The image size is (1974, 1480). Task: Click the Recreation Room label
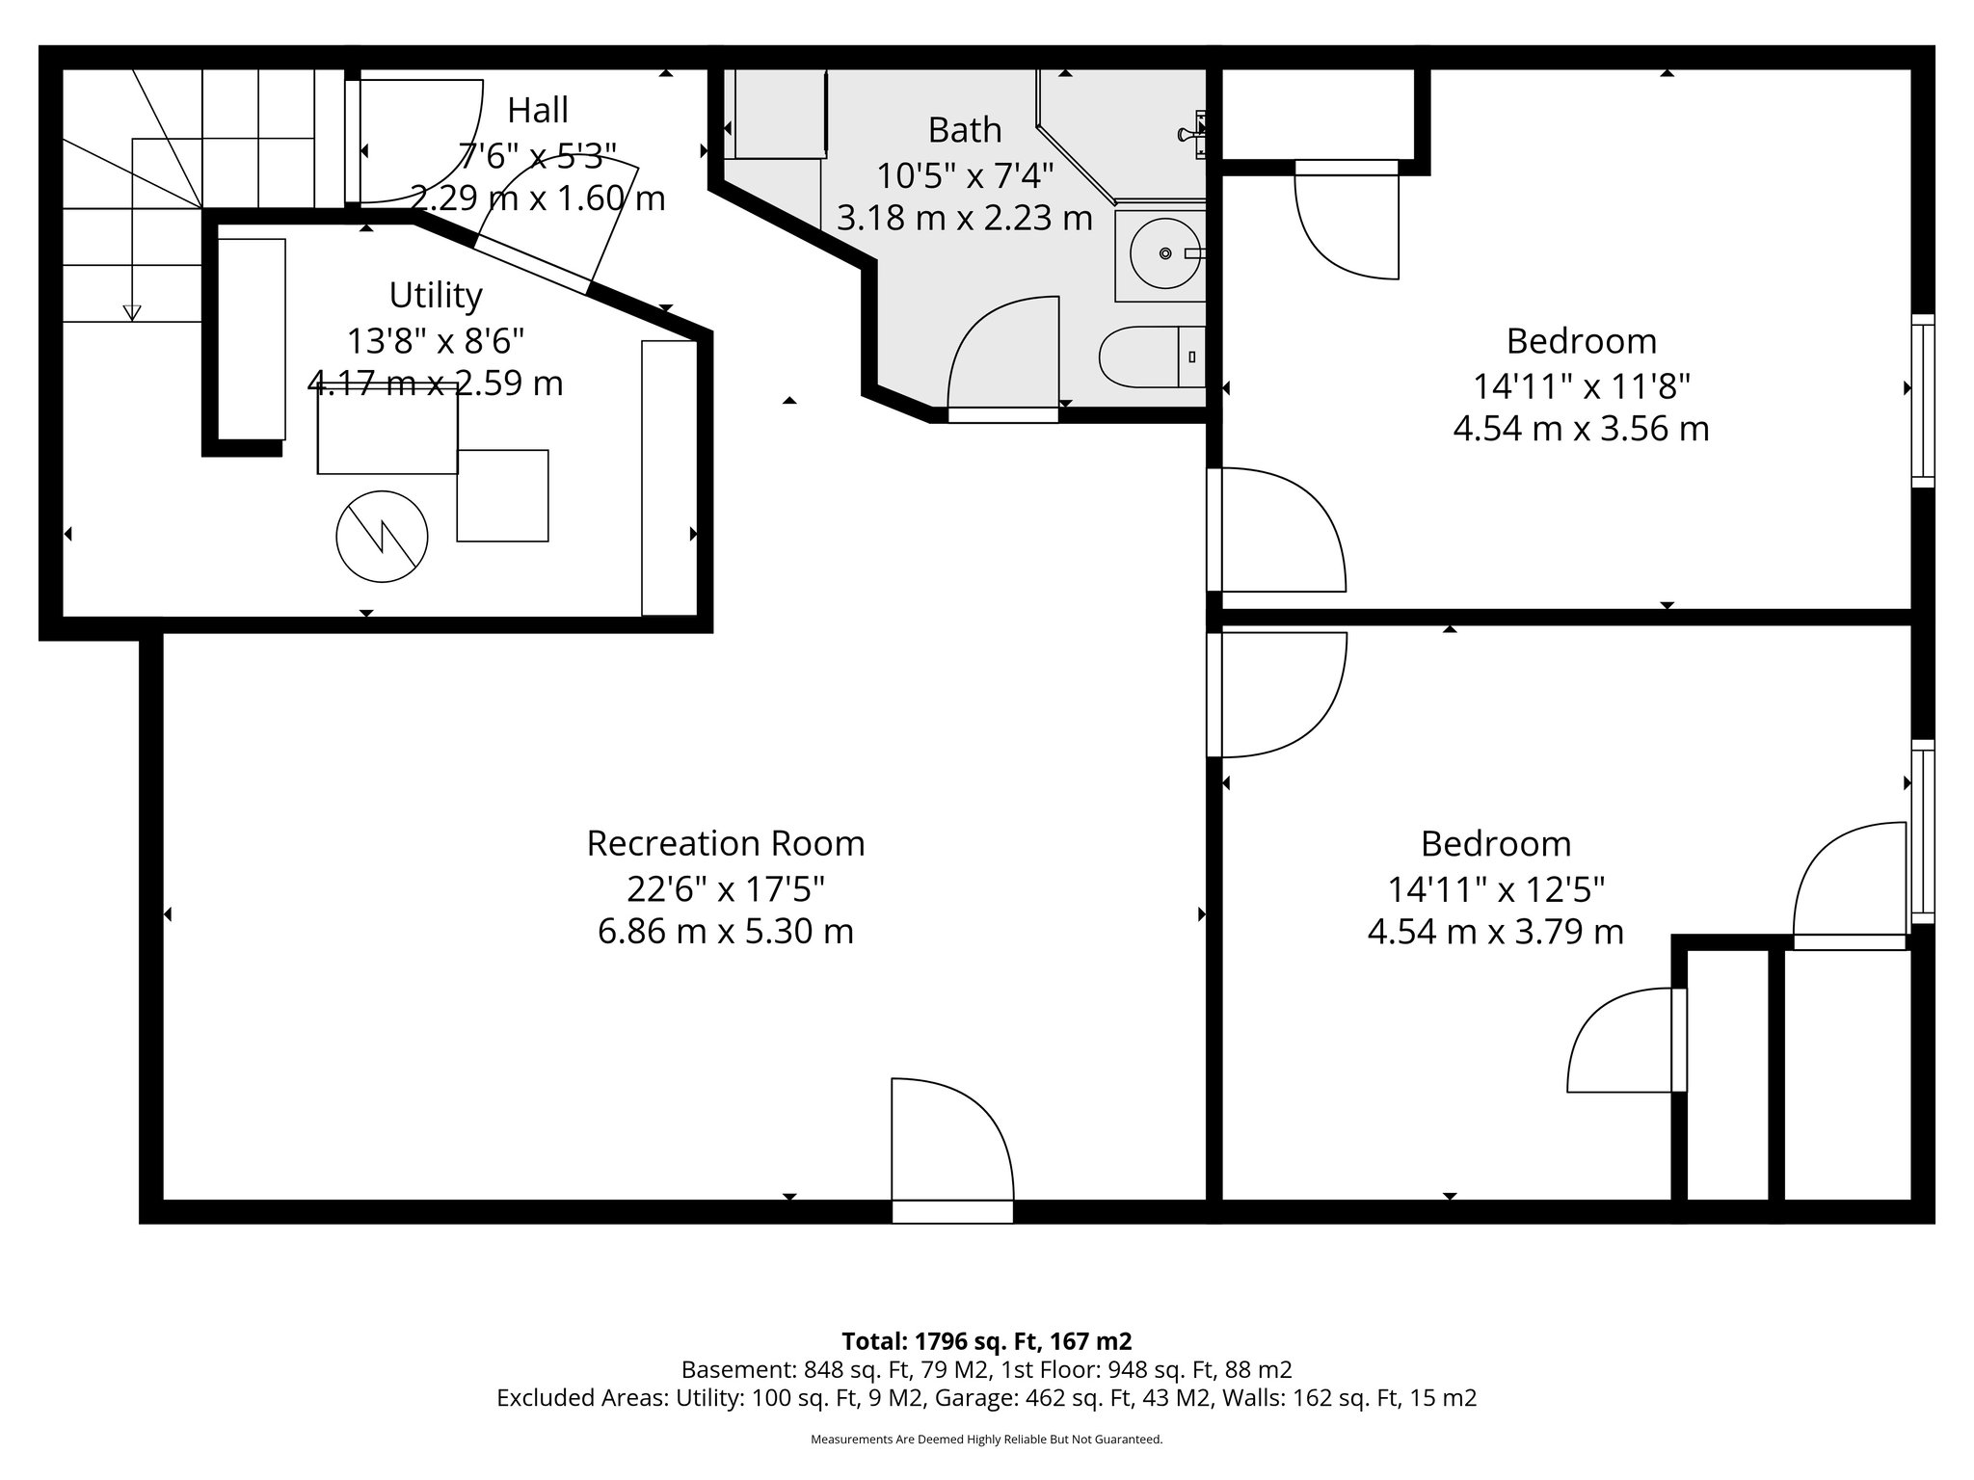coord(725,843)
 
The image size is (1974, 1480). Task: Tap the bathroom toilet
coord(1152,357)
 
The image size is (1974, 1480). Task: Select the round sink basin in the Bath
coord(1165,253)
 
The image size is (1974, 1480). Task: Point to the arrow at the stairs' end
coord(132,312)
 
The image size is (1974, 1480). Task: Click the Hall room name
coord(538,111)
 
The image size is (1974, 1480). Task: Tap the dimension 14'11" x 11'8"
coord(1581,386)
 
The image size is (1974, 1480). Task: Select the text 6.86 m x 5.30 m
coord(725,932)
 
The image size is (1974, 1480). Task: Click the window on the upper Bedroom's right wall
coord(1922,401)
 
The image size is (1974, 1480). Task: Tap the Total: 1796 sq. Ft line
coord(986,1340)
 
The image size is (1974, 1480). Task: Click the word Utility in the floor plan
coord(436,295)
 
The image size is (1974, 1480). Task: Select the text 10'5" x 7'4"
coord(964,176)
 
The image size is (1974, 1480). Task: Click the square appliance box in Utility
coord(502,495)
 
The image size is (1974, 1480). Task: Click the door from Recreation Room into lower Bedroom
coord(1277,694)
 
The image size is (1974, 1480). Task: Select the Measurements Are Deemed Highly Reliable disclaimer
coord(986,1440)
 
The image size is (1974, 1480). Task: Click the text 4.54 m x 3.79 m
coord(1495,932)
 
